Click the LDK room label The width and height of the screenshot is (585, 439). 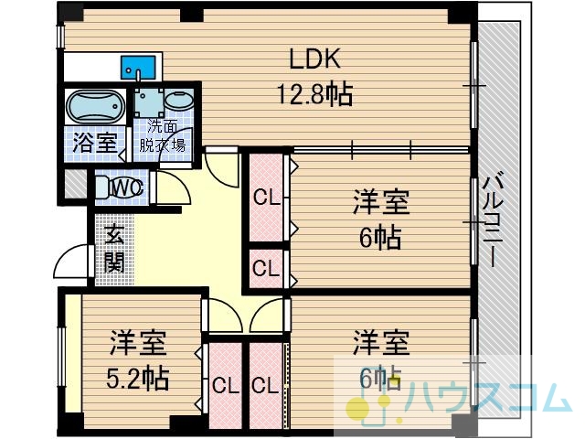coord(314,59)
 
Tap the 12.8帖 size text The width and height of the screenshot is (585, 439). coord(314,94)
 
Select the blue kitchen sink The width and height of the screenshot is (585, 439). coord(138,68)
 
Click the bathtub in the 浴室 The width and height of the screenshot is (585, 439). coord(95,106)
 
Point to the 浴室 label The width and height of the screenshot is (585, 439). coord(95,143)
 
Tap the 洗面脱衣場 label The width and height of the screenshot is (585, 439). coord(163,136)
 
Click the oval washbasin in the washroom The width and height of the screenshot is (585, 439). coord(179,101)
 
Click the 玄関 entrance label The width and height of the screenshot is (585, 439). coord(113,249)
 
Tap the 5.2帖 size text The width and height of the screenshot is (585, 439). coord(137,378)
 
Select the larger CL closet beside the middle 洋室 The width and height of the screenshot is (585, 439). coord(266,198)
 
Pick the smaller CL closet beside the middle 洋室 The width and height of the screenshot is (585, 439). coord(266,268)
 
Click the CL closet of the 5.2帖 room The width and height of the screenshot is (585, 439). coord(226,385)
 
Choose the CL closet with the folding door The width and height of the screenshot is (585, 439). coord(265,385)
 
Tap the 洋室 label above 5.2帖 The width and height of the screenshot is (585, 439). coord(138,344)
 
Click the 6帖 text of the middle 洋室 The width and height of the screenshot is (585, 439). coord(380,238)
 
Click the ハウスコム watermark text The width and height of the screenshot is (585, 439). coord(488,398)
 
